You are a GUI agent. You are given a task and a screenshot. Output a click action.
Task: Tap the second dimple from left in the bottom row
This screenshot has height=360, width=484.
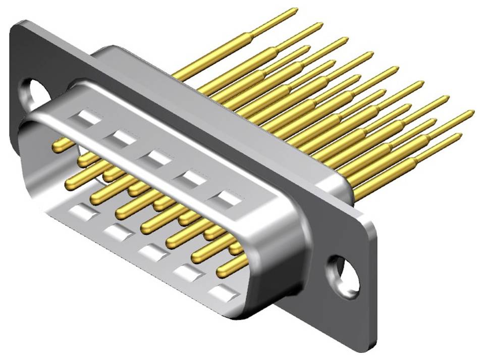pyautogui.click(x=118, y=232)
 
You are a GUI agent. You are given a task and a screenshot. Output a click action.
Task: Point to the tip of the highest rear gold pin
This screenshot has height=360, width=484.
pyautogui.click(x=295, y=10)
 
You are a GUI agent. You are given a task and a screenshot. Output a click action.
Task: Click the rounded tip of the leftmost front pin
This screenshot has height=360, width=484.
pyautogui.click(x=57, y=146)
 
